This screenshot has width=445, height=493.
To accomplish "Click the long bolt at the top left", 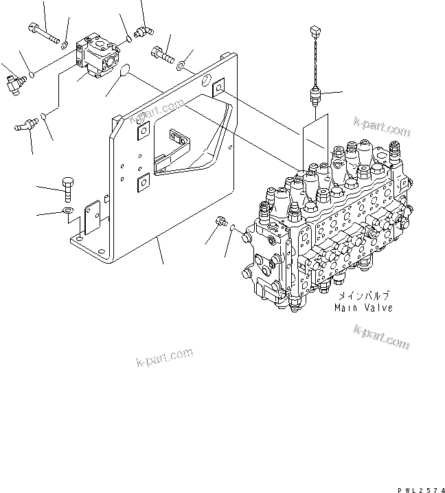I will (x=43, y=34).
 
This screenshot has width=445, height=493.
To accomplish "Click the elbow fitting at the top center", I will (x=143, y=30).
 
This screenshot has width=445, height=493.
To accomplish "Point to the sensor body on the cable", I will (x=315, y=94).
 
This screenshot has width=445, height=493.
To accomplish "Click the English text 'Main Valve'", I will (x=363, y=308).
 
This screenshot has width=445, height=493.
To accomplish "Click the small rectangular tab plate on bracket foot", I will (x=89, y=219).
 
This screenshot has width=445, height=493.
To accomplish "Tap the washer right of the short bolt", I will (x=180, y=66).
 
